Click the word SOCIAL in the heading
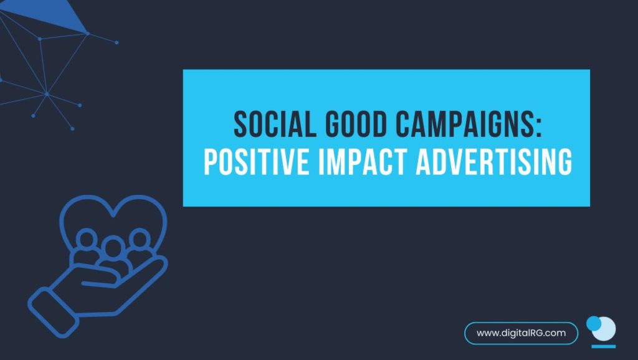point(275,124)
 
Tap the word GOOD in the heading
point(356,124)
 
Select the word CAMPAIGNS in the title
point(464,124)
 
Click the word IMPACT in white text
point(363,162)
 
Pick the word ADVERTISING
point(494,162)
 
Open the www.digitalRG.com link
point(521,333)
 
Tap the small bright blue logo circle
point(593,323)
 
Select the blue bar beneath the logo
point(603,346)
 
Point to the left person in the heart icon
point(86,246)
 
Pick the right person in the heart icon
point(140,245)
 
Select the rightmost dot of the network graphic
point(117,42)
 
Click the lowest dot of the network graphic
point(72,128)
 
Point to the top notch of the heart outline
point(113,214)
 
